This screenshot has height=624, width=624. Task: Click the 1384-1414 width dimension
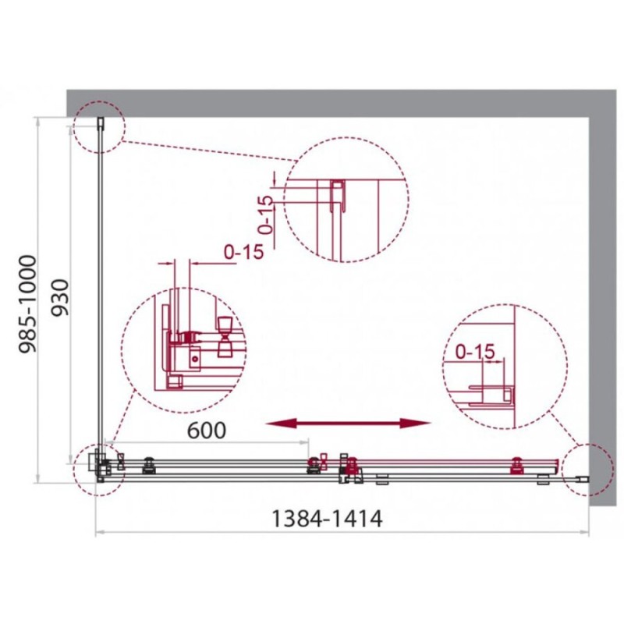coord(326,519)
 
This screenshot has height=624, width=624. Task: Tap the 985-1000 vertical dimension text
coord(28,304)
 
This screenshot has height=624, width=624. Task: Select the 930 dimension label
coord(60,297)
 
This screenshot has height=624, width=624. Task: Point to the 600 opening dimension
coord(206,431)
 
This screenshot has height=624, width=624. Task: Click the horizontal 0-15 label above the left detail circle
coord(244,251)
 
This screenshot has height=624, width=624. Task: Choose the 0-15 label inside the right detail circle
coord(475,351)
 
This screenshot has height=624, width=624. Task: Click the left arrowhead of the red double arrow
coord(281,424)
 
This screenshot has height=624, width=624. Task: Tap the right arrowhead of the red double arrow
coord(416,424)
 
